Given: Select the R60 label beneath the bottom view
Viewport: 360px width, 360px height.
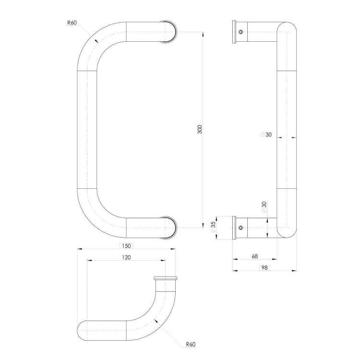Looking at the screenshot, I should pyautogui.click(x=191, y=344).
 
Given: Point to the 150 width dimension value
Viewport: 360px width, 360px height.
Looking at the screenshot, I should pyautogui.click(x=126, y=245).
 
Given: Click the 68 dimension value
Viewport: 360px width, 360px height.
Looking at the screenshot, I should pyautogui.click(x=254, y=256).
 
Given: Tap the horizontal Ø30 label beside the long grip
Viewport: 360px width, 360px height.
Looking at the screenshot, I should pyautogui.click(x=265, y=135).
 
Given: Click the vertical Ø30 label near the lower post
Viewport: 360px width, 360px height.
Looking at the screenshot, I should pyautogui.click(x=264, y=206).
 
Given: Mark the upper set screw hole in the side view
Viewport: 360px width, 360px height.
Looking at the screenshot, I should pyautogui.click(x=241, y=32).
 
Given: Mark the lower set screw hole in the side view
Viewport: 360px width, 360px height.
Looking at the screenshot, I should pyautogui.click(x=241, y=228).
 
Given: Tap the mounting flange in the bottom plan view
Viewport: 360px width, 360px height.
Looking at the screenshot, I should pyautogui.click(x=166, y=278).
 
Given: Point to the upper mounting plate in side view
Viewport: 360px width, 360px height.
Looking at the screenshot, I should pyautogui.click(x=234, y=32).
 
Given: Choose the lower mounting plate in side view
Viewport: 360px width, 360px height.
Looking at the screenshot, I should pyautogui.click(x=234, y=228).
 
